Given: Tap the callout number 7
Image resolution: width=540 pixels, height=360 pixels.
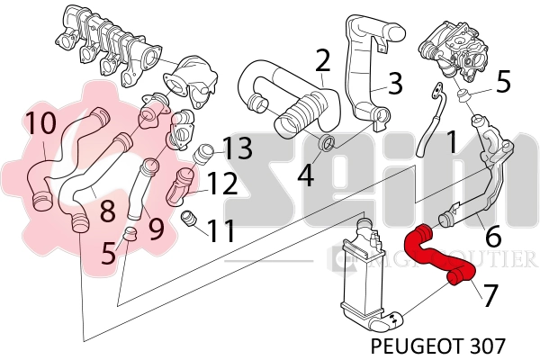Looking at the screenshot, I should pyautogui.click(x=490, y=294).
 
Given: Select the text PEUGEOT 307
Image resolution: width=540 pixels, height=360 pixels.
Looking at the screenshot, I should pyautogui.click(x=438, y=345).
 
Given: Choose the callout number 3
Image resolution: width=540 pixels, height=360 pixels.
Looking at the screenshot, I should pyautogui.click(x=394, y=84).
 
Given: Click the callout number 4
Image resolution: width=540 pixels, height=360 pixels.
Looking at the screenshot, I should pyautogui.click(x=307, y=172).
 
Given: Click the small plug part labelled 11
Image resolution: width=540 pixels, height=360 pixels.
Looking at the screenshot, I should pyautogui.click(x=188, y=218).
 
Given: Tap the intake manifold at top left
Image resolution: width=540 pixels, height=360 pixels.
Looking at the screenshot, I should pyautogui.click(x=108, y=45).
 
